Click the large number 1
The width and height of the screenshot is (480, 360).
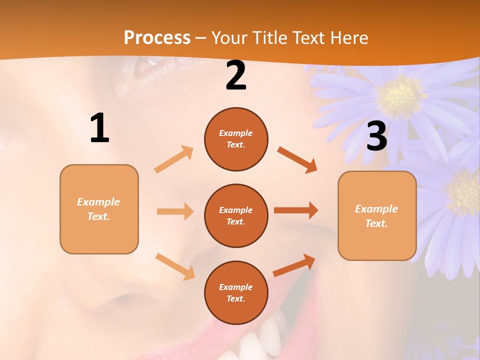pyautogui.click(x=99, y=128)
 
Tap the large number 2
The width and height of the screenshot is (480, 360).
pyautogui.click(x=236, y=75)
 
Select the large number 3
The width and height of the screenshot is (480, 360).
pyautogui.click(x=376, y=136)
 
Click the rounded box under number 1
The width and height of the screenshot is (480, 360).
pyautogui.click(x=99, y=209)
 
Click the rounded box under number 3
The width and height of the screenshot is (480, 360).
pyautogui.click(x=377, y=216)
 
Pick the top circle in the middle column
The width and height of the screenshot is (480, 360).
pyautogui.click(x=236, y=139)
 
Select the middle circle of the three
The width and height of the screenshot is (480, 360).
pyautogui.click(x=236, y=215)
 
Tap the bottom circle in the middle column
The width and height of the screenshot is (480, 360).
pyautogui.click(x=236, y=292)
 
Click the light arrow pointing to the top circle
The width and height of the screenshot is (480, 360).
pyautogui.click(x=174, y=159)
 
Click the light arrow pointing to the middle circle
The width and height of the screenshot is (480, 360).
pyautogui.click(x=175, y=211)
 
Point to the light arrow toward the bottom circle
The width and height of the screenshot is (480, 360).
pyautogui.click(x=175, y=266)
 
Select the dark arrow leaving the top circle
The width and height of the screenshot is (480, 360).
pyautogui.click(x=297, y=159)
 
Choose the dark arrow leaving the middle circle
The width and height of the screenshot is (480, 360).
pyautogui.click(x=296, y=210)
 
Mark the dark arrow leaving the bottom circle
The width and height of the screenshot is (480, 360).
pyautogui.click(x=294, y=265)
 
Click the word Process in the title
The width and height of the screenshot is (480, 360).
pyautogui.click(x=157, y=37)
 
